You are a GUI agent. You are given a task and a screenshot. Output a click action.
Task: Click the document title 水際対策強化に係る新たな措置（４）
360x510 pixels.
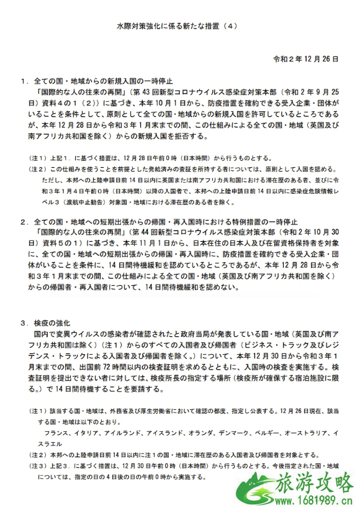tap(179, 27)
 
